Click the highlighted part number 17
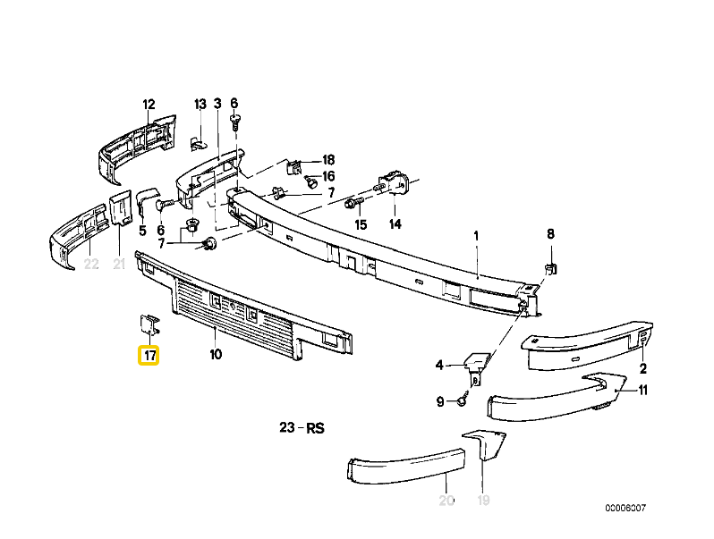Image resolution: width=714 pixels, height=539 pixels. click(149, 357)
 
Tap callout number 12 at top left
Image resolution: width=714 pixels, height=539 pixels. click(149, 103)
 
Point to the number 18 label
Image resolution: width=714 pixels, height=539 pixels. click(327, 160)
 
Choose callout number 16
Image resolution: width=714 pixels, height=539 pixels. click(327, 176)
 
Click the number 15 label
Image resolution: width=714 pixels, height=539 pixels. click(361, 224)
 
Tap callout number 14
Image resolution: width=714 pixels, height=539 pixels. click(395, 224)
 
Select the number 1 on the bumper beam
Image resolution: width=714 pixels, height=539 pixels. click(477, 236)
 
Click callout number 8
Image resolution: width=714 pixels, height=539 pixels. click(550, 234)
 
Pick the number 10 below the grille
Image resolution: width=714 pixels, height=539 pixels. click(216, 355)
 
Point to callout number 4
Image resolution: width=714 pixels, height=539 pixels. click(439, 365)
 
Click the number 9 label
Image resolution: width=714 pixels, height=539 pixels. click(440, 402)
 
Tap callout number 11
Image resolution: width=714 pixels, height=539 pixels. click(642, 390)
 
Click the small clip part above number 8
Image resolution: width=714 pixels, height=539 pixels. click(551, 267)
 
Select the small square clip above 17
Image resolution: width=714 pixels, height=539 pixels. click(148, 324)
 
